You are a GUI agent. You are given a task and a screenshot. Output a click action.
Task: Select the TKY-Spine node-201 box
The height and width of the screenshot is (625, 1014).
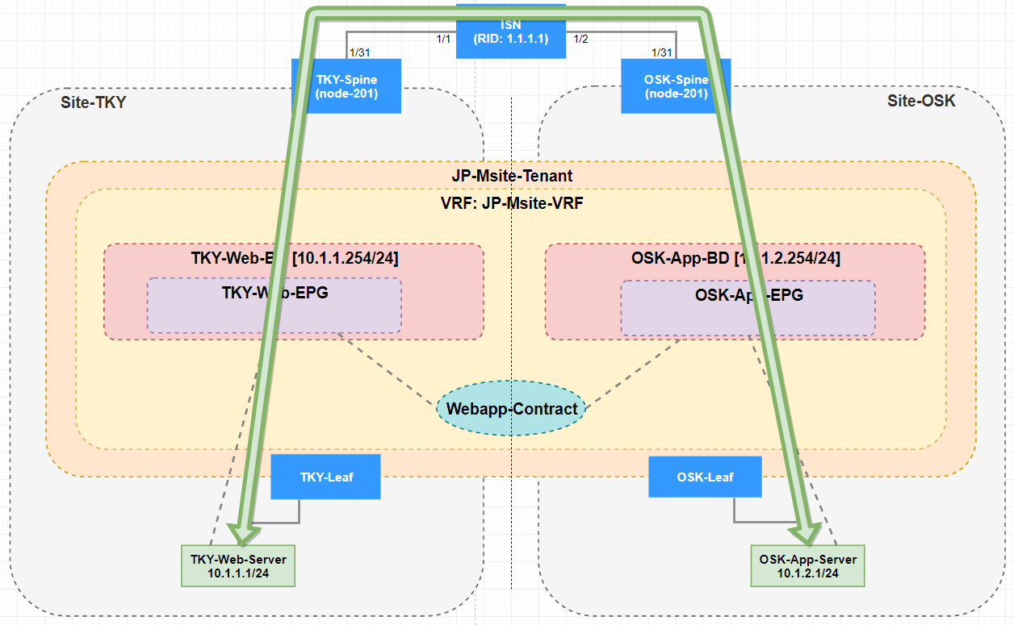pos(346,86)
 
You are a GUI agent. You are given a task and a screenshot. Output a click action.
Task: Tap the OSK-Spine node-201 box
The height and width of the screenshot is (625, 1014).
pos(675,86)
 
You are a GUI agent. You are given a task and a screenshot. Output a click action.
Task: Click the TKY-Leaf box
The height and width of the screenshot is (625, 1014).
pos(325,477)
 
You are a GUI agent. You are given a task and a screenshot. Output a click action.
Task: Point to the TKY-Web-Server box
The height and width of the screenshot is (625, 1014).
pos(238,565)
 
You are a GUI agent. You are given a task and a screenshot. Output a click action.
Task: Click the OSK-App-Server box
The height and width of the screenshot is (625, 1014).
pos(807,565)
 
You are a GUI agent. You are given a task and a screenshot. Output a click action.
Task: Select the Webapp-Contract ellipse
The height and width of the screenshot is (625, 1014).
pos(511,409)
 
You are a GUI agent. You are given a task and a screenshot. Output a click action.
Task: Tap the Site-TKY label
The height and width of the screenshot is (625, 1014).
pos(93,102)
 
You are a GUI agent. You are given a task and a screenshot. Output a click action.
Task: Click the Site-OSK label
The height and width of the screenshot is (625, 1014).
pos(921,101)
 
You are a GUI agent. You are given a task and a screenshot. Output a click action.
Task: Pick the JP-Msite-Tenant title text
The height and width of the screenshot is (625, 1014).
pos(511,176)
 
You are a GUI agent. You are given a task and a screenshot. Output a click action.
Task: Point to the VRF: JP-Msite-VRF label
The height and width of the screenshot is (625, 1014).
pos(511,203)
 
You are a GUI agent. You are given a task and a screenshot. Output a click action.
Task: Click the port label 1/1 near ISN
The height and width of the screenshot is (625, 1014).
pos(443,38)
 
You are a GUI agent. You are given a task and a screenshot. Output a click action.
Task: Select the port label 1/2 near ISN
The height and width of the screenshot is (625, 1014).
pos(580,38)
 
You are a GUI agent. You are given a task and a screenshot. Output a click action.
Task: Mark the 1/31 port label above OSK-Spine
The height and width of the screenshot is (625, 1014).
pos(661,52)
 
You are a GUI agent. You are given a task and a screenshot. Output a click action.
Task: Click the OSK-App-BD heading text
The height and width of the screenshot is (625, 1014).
pos(735,258)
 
